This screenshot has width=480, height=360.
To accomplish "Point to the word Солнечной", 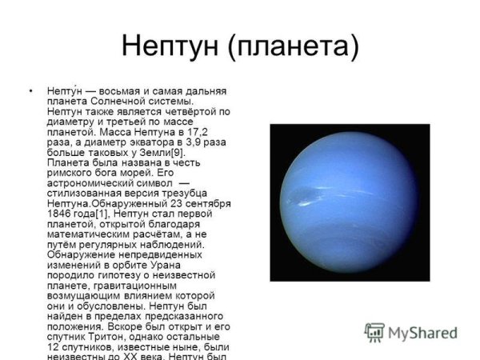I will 118,101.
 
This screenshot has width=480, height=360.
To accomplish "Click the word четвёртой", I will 190,112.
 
